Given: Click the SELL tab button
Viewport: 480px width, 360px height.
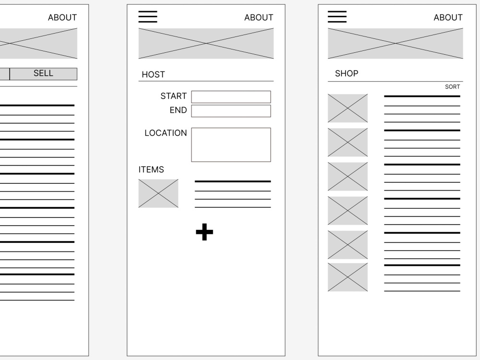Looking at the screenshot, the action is click(x=44, y=74).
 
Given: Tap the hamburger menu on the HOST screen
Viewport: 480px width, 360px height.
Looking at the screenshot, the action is click(x=148, y=17).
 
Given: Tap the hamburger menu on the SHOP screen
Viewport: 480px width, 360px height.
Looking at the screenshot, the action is click(x=337, y=17).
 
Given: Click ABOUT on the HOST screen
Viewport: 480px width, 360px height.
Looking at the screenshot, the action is click(x=259, y=17).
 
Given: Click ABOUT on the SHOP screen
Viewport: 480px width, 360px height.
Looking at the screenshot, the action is click(x=448, y=17).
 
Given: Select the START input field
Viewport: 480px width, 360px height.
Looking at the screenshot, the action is click(x=231, y=97).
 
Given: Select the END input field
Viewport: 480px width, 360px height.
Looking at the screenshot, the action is click(x=231, y=111).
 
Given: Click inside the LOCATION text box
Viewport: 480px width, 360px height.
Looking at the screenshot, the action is click(x=231, y=144).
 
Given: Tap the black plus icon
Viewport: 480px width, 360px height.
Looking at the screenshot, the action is click(x=204, y=232).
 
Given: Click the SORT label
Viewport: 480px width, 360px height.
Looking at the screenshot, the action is click(x=453, y=86).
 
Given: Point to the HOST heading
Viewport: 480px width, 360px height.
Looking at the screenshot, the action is click(x=154, y=74).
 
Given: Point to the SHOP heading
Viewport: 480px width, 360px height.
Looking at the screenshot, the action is click(x=347, y=73).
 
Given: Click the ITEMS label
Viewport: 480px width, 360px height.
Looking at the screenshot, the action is click(x=151, y=169).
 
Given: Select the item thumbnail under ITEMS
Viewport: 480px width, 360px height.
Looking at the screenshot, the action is click(x=158, y=193).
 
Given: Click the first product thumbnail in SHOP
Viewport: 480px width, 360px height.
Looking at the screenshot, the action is click(x=348, y=108).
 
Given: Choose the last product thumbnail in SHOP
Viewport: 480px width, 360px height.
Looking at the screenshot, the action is click(x=348, y=277).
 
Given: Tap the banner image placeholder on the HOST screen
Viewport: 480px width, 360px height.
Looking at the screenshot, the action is click(x=206, y=44).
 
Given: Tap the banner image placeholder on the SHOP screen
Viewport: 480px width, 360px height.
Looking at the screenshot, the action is click(x=396, y=44).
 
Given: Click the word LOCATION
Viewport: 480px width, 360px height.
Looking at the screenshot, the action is click(x=166, y=133).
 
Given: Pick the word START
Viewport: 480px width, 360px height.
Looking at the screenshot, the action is click(x=174, y=96).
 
